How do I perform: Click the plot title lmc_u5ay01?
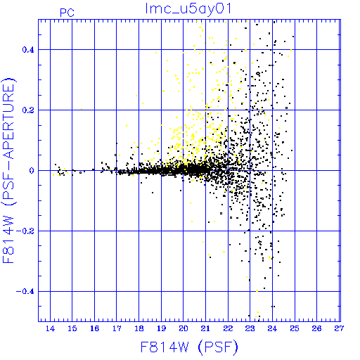188,8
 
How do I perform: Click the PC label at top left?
67,13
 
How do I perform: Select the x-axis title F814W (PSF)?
189,347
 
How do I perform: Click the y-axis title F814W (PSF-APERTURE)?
8,171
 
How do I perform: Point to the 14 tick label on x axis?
50,328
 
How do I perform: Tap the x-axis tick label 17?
117,328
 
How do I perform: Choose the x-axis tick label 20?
184,328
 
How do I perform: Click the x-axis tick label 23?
250,328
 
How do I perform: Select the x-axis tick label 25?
295,328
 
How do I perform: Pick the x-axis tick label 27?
339,328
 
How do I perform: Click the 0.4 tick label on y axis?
28,50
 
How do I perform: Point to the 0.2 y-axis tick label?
28,110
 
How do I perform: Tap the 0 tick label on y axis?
32,170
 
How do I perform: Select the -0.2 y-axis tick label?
25,231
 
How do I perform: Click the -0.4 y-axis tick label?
25,292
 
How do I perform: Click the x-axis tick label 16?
94,328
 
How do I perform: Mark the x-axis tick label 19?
161,328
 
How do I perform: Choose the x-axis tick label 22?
228,328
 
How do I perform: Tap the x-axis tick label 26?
316,328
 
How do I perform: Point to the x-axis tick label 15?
72,328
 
